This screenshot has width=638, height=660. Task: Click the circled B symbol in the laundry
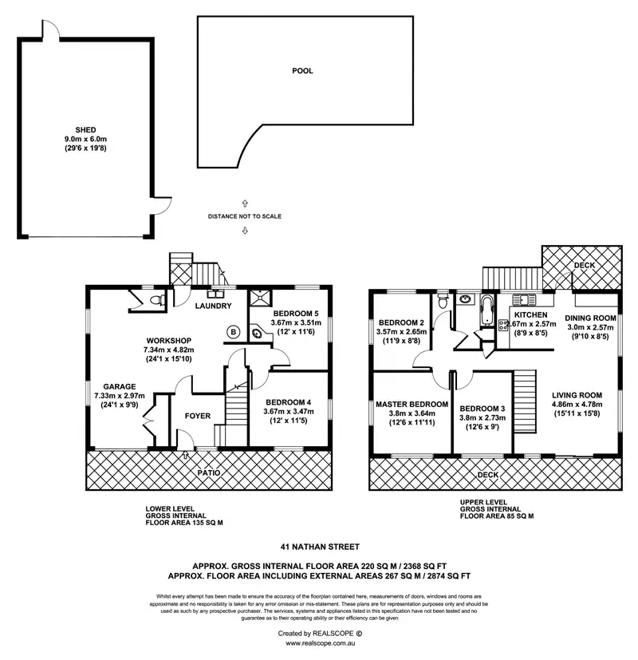(x=234, y=331)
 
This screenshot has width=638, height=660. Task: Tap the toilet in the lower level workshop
(x=162, y=300)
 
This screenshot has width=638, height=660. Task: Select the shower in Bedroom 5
(x=261, y=299)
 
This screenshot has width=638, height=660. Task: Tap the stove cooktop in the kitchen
(x=504, y=324)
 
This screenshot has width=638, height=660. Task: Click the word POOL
(x=302, y=71)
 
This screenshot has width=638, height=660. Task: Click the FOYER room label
(x=198, y=416)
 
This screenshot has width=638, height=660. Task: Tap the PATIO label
(x=210, y=472)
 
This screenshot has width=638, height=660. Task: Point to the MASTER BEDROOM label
(x=411, y=404)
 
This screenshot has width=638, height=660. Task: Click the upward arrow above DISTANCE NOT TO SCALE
(x=245, y=204)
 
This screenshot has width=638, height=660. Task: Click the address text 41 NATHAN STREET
(x=318, y=547)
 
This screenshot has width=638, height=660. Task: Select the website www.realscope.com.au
(x=319, y=642)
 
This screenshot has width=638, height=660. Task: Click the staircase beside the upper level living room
(x=524, y=402)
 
